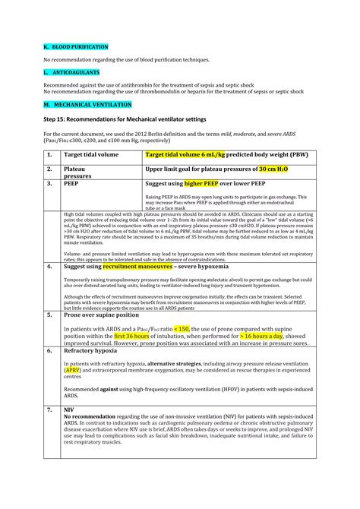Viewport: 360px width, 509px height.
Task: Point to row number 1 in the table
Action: (49, 155)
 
